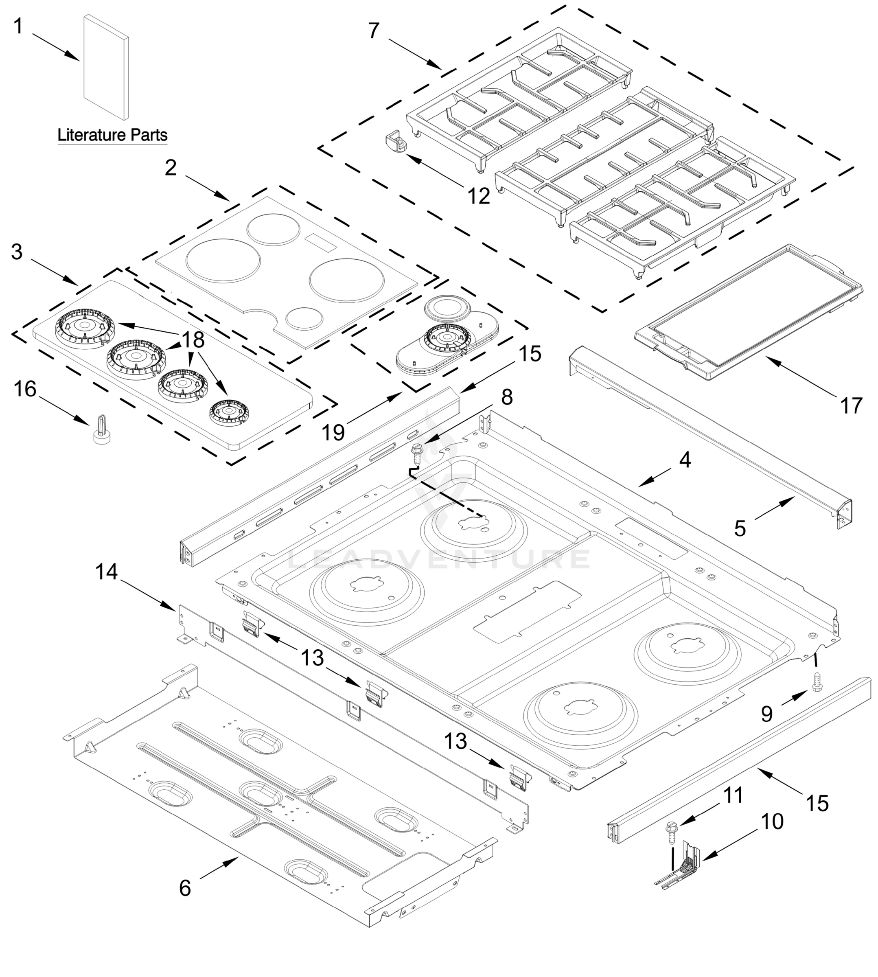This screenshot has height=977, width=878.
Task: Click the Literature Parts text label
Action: pyautogui.click(x=112, y=135)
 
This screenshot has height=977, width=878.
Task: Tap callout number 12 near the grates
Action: pyautogui.click(x=479, y=196)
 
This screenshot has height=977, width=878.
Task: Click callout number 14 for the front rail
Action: pyautogui.click(x=106, y=572)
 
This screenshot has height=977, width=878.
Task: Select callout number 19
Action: pyautogui.click(x=333, y=432)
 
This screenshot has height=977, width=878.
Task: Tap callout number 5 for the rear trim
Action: pyautogui.click(x=740, y=528)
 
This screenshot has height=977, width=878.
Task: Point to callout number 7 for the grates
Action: pyautogui.click(x=374, y=31)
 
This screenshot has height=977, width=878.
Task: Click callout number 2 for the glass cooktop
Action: pyautogui.click(x=171, y=168)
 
